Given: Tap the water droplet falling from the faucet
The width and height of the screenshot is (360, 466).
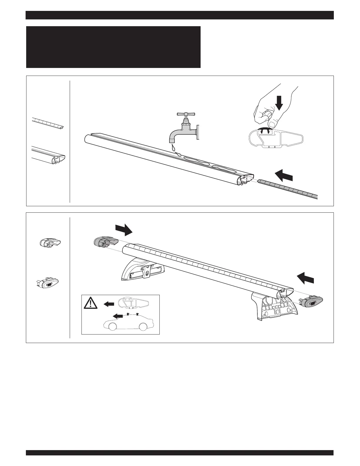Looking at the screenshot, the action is tap(173, 147).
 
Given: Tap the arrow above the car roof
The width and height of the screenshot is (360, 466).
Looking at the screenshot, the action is tap(118, 316).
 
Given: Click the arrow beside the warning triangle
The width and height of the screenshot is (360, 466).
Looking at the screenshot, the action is tap(109, 304).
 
